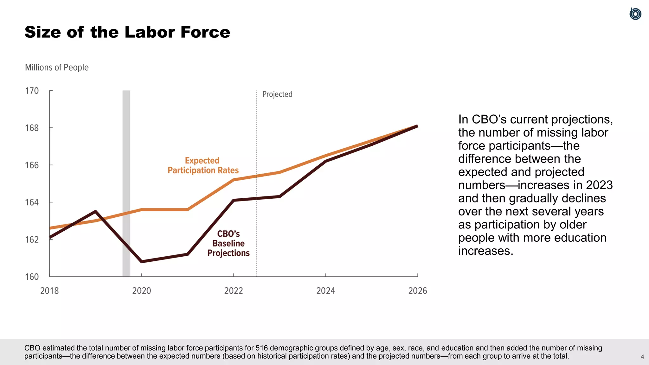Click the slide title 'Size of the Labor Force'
pos(127,32)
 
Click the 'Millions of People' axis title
pos(57,67)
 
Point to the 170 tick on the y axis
pos(32,91)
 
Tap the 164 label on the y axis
pos(32,202)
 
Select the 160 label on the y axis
pos(32,277)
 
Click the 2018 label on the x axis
pos(49,291)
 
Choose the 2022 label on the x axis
pos(234,291)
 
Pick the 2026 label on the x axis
pos(417,291)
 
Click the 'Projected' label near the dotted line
pos(277,94)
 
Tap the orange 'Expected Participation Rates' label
pos(203,165)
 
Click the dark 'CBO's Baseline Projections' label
pos(228,243)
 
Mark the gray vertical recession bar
pos(126,184)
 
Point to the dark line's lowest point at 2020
pos(141,261)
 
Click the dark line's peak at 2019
pos(96,211)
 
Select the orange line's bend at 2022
pos(234,180)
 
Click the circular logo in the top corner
pos(635,14)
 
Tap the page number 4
pos(642,357)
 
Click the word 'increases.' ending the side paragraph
pos(485,251)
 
